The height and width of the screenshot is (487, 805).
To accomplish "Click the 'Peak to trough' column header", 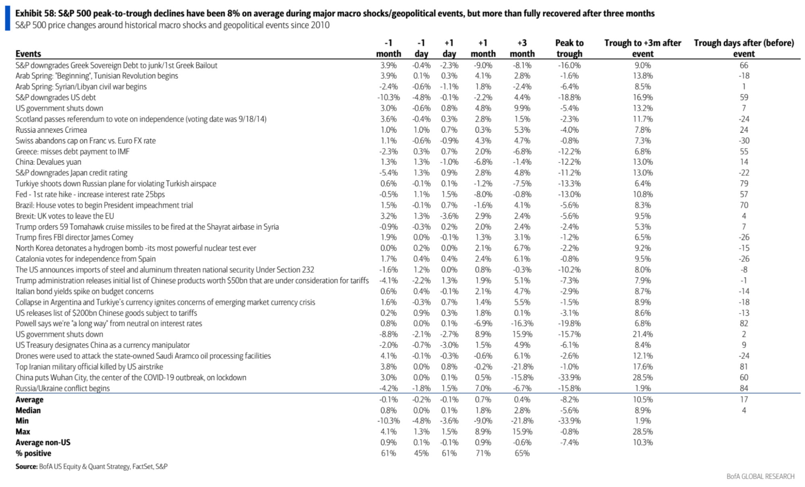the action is pos(569,48).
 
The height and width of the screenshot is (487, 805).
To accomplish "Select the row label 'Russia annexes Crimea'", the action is pos(51,130).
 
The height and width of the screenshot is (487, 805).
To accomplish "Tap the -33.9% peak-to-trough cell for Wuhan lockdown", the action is pos(569,378).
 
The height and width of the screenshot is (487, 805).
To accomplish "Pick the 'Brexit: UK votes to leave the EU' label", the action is pos(65,216).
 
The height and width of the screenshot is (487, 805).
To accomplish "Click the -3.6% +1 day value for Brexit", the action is pos(449,216).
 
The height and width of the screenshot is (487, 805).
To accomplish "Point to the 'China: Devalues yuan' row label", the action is pos(48,162).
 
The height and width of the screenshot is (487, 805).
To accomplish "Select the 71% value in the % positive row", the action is pos(483,453).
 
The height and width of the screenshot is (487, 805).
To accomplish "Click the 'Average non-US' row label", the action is pos(43,442).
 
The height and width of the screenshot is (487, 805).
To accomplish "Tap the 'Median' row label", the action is pos(28,410).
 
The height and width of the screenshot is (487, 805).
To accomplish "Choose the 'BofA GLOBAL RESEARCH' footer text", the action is pos(760,477).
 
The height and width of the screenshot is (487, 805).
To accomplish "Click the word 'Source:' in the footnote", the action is pos(27,466).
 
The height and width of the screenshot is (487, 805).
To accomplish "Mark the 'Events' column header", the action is pos(28,54).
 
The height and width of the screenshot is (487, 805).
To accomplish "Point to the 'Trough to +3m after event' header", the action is pos(643,48).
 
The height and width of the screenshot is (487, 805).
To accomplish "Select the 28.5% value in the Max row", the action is pos(643,432).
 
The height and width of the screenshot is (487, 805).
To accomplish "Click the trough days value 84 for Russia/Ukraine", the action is pos(744,388).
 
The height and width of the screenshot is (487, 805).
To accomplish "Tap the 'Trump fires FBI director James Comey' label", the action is pos(74,237).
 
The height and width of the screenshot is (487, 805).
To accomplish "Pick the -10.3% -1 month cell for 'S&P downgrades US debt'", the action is pos(389,98).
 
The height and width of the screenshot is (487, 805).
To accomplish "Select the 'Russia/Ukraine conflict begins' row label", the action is pos(62,388).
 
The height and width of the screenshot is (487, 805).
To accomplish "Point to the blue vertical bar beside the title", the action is pos(7,19).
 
